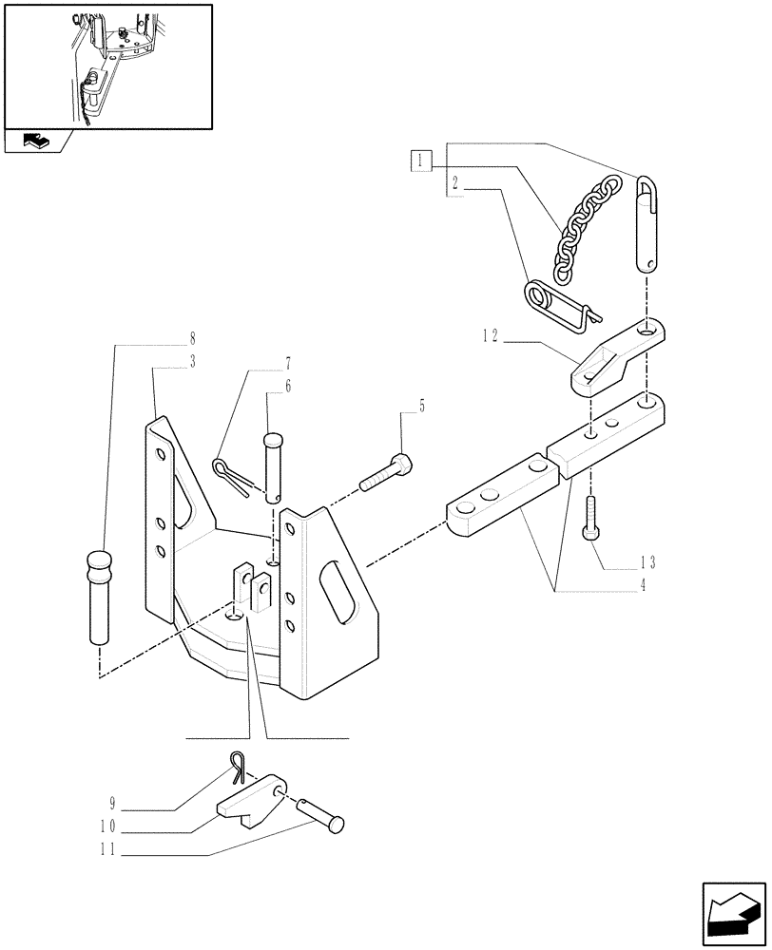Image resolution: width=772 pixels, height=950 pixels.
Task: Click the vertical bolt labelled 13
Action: (591, 517)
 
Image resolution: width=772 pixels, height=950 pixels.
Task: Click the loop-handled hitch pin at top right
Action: (646, 222)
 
